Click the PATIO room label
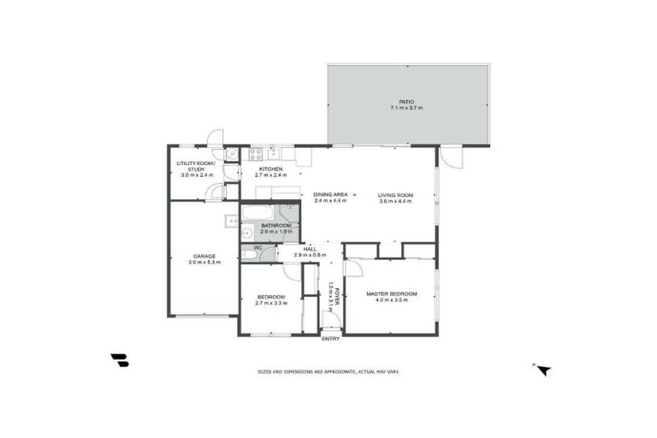406,102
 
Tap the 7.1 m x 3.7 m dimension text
406,109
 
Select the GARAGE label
204,256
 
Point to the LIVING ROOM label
396,195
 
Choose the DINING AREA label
329,195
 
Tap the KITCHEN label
271,169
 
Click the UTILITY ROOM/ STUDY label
196,166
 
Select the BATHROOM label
276,225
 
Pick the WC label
257,248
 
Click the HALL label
310,249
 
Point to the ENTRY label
330,339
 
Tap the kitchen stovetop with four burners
255,154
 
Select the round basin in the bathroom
246,231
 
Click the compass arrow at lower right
542,370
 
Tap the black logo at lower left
119,360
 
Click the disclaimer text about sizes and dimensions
329,371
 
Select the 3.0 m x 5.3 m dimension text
204,262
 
